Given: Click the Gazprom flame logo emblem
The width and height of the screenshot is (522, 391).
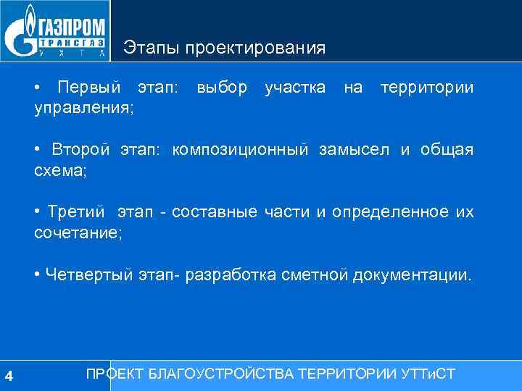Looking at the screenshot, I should (x=21, y=33).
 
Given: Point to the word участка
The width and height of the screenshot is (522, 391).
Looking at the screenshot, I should (x=294, y=88).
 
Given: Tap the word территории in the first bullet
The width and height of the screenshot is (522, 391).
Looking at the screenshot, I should (x=427, y=88).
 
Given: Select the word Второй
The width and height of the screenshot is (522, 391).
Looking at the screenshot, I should (x=80, y=150).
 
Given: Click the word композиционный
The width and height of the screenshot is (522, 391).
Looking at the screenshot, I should (x=241, y=150).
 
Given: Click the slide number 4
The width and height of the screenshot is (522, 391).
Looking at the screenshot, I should (x=8, y=375).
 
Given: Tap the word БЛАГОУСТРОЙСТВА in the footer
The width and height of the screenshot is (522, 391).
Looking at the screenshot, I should (x=219, y=374).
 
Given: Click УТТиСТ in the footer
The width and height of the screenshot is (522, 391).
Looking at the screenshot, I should (x=428, y=374).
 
